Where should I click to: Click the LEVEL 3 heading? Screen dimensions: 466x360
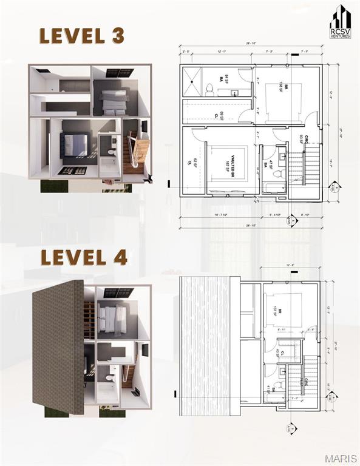coord(82,36)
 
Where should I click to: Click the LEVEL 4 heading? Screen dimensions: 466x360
coord(83,257)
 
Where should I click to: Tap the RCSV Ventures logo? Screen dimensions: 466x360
coord(340,22)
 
